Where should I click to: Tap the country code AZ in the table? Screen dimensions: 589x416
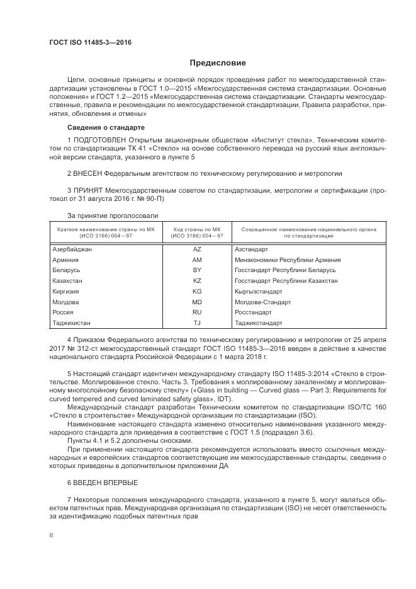197,249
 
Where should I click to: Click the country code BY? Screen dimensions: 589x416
197,270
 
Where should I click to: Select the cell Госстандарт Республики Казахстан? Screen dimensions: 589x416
286,280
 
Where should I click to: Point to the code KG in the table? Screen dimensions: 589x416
197,291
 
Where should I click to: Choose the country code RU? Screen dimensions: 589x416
197,312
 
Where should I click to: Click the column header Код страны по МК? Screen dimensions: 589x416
198,229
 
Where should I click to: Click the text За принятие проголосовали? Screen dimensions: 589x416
104,215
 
